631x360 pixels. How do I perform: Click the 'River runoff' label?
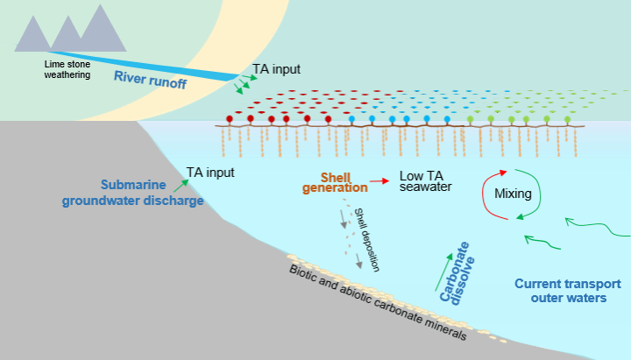[x=150, y=79]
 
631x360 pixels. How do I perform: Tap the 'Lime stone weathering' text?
[x=67, y=69]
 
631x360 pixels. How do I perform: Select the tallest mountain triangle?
[x=103, y=28]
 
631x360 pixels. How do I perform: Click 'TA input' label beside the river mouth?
[x=276, y=69]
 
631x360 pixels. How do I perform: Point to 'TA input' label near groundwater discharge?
[x=210, y=173]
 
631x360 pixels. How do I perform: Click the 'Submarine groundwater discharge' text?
[x=133, y=193]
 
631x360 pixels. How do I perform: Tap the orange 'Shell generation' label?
[x=335, y=182]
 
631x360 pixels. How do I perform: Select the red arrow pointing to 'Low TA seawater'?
[x=379, y=181]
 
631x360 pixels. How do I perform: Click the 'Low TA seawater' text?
[x=425, y=181]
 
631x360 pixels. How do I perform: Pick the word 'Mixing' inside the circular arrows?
[x=513, y=194]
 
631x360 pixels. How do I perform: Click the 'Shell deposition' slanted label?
[x=366, y=240]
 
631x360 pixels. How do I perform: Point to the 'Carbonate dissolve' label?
[x=457, y=272]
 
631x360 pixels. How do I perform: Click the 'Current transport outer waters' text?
[x=568, y=291]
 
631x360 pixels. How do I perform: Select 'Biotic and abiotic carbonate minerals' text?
[x=378, y=302]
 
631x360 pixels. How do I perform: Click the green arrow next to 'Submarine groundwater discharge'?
[x=181, y=186]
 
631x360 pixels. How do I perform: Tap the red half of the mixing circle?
[x=489, y=194]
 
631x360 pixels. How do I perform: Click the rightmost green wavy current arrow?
[x=598, y=227]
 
